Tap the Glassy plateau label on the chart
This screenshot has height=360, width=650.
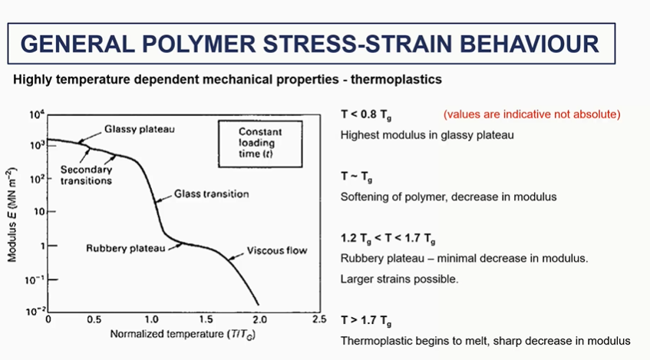(x=140, y=129)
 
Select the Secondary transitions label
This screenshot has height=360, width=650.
(x=86, y=175)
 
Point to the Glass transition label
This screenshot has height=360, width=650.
(x=211, y=193)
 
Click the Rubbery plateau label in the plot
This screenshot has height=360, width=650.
(x=126, y=248)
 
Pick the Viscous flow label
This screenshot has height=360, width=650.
(x=277, y=250)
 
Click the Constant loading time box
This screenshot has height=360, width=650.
(x=260, y=144)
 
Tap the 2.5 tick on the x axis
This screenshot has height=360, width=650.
(x=318, y=319)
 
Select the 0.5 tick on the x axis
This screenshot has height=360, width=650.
(x=94, y=320)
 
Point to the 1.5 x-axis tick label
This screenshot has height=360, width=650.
(x=206, y=320)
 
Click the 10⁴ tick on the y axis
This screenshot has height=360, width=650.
(x=37, y=114)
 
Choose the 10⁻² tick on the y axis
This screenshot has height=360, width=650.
(x=35, y=311)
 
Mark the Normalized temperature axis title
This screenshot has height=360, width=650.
(x=183, y=334)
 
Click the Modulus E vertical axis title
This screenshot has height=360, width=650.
(x=12, y=214)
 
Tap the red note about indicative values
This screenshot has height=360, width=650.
(x=532, y=114)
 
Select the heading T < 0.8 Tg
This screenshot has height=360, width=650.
(x=366, y=115)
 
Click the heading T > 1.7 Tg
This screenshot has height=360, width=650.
(x=366, y=321)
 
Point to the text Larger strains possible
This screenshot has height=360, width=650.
(x=399, y=279)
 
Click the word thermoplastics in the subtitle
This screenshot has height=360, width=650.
(x=396, y=79)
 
